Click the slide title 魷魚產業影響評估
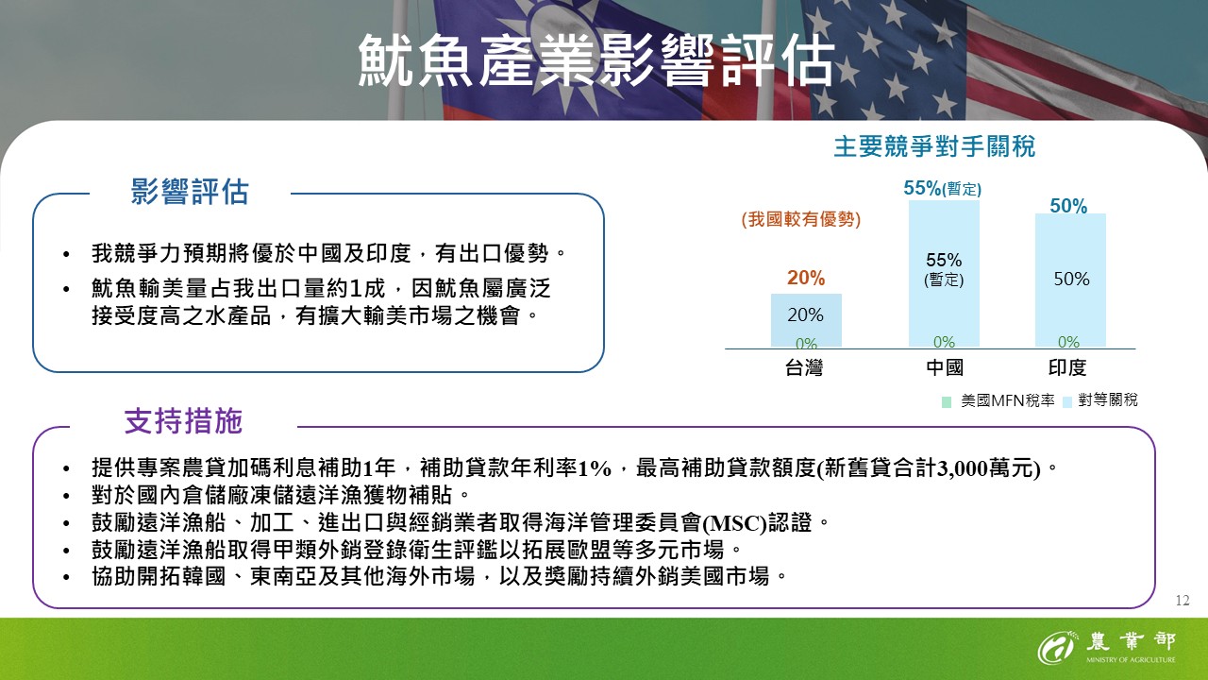coord(596,62)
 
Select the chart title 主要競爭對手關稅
coord(933,147)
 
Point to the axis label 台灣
coord(804,367)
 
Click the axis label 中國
coord(944,367)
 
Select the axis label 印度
coord(1067,367)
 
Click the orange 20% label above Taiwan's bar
coord(806,278)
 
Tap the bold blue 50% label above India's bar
coord(1068,206)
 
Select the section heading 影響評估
coord(190,193)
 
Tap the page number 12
coord(1183,601)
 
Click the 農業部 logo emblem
coord(1057,648)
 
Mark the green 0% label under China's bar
coord(944,342)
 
